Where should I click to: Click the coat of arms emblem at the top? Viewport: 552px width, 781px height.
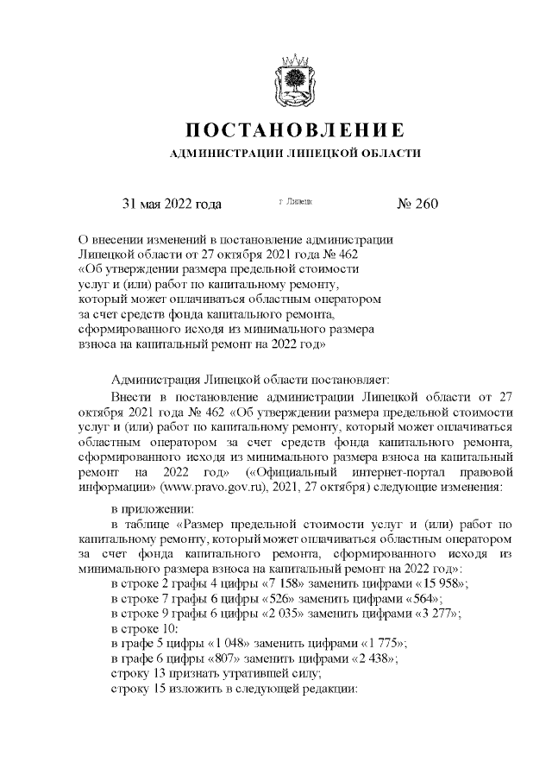click(x=295, y=77)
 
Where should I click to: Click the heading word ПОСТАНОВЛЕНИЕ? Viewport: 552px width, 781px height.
click(x=295, y=130)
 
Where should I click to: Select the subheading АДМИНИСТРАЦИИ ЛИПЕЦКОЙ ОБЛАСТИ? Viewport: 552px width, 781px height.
click(x=295, y=154)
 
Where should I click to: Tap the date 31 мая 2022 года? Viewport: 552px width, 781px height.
click(x=172, y=205)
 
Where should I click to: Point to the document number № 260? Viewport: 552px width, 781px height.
click(x=417, y=205)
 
